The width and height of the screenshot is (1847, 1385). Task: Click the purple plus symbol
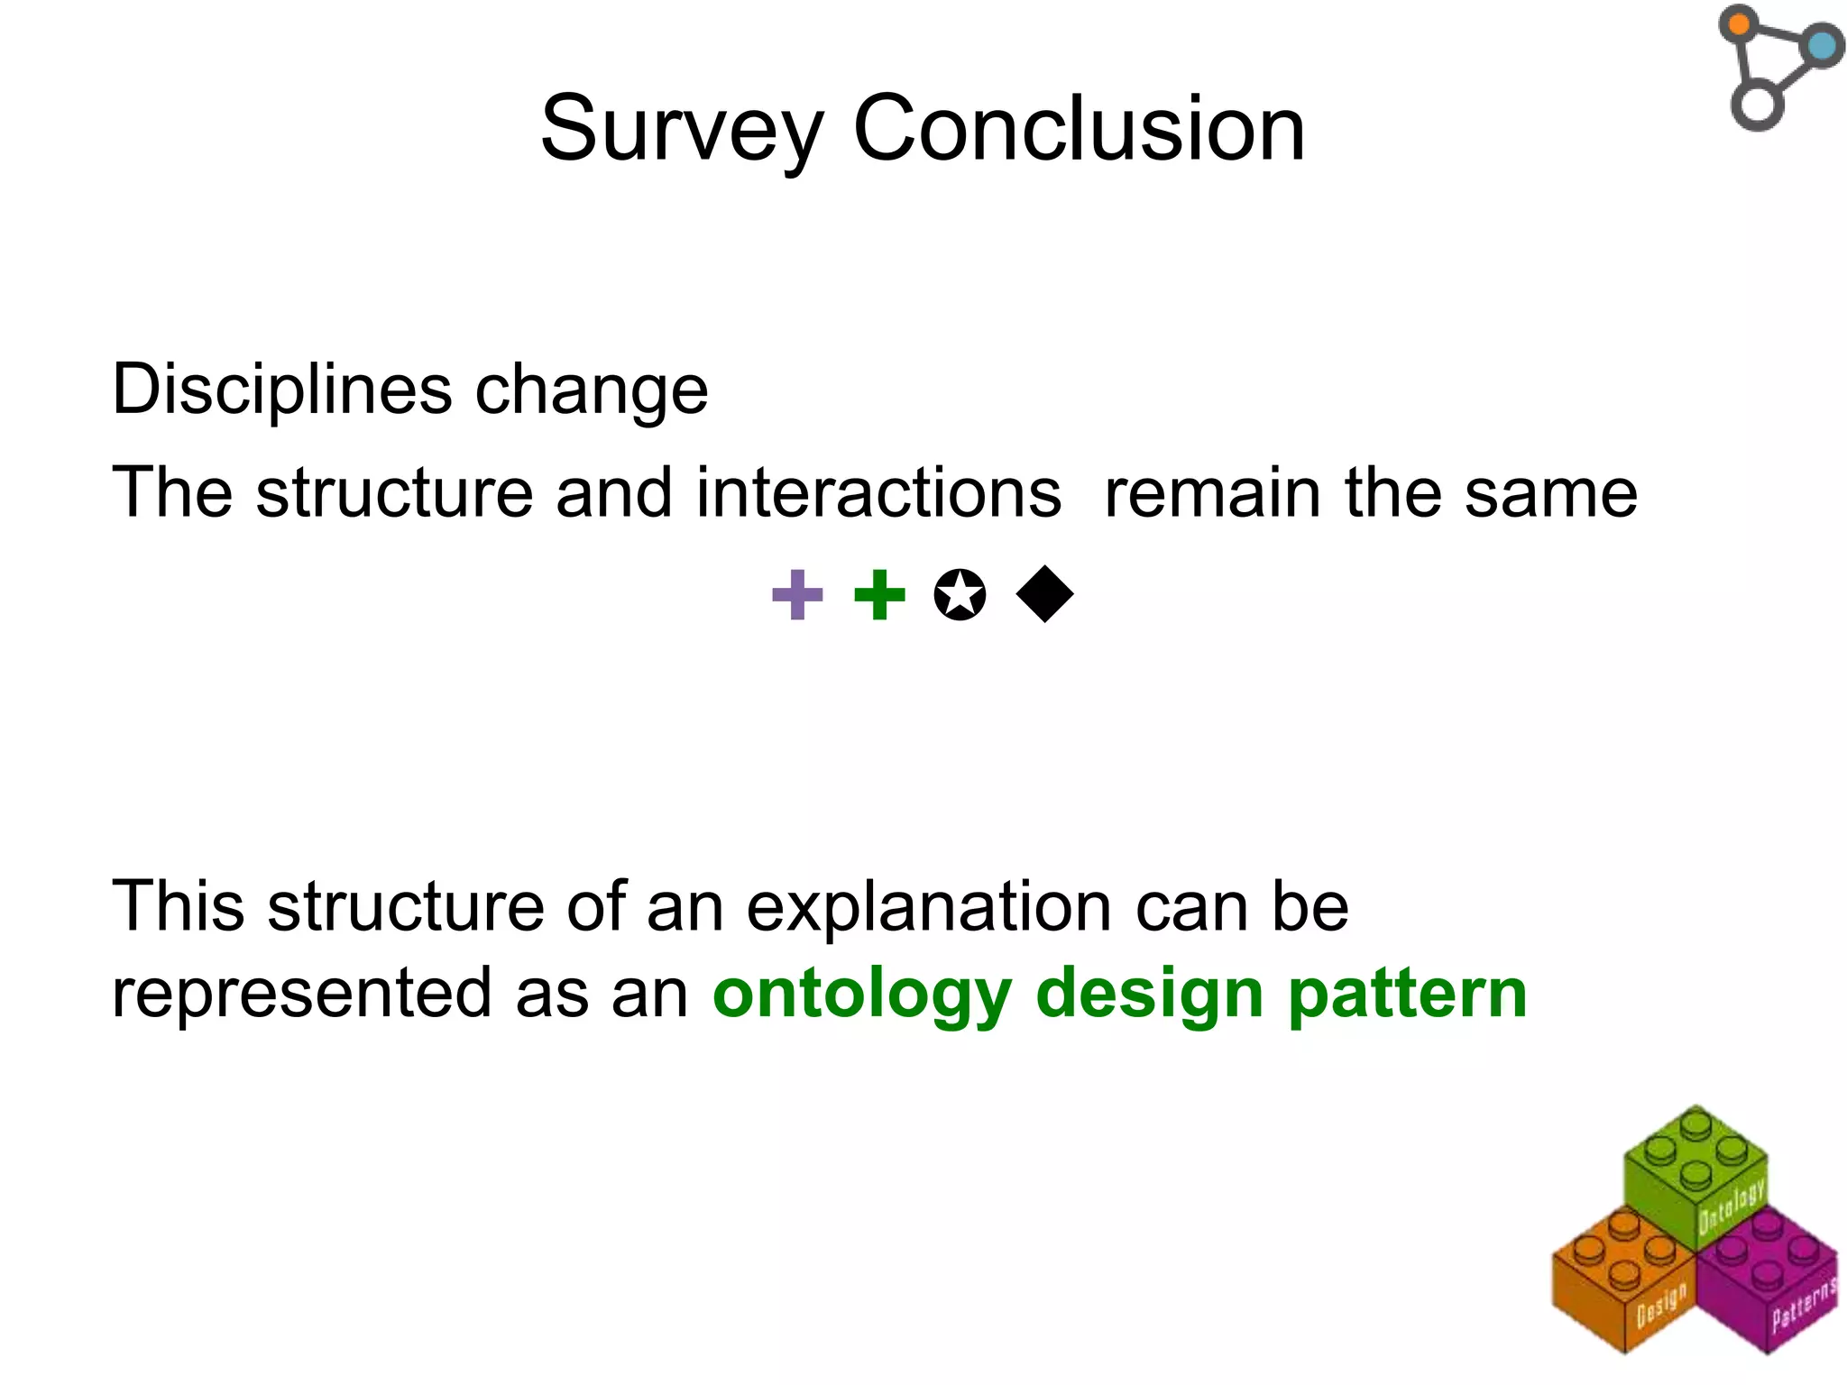[798, 595]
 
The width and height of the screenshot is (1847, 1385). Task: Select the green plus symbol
[879, 595]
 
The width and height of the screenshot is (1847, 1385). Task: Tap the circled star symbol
[960, 595]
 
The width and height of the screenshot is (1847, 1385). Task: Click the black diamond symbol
[1044, 595]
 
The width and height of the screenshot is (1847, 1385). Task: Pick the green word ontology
[862, 995]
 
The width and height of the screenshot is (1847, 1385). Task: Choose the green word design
[1149, 995]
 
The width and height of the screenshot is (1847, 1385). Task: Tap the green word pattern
[1407, 995]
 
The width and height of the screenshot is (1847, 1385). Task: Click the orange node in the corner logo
[1739, 23]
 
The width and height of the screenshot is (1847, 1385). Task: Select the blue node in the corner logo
[1822, 45]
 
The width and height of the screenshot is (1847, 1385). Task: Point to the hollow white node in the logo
[1757, 105]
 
